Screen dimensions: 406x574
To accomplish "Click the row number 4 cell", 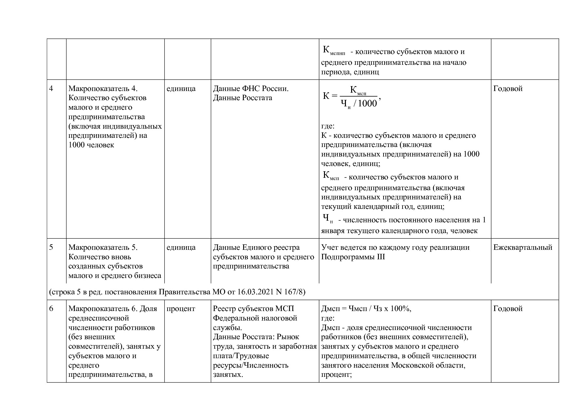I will click(51, 89).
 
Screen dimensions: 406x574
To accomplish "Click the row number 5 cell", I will click(51, 248).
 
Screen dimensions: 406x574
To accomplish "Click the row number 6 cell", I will click(51, 309).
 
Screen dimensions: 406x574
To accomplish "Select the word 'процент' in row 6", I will click(181, 309).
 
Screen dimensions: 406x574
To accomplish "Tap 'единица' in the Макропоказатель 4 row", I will click(181, 89).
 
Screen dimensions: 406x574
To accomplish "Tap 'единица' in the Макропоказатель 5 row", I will click(181, 248).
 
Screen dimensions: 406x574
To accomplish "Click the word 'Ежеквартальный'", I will click(523, 248).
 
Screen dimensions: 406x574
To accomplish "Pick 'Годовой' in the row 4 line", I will click(508, 89).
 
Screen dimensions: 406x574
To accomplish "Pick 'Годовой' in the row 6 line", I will click(508, 309).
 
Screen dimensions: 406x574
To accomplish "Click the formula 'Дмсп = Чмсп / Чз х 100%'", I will click(366, 309).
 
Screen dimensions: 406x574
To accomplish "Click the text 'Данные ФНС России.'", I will click(251, 89).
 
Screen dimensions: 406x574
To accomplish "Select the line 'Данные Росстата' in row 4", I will click(242, 98).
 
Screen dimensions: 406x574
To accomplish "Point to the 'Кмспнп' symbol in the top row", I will click(334, 50).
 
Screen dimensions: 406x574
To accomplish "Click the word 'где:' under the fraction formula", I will click(328, 126).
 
